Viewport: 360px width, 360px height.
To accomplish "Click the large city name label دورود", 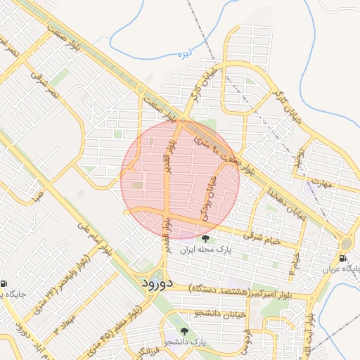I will pos(146,283).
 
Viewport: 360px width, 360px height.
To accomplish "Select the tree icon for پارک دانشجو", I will pos(185,330).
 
